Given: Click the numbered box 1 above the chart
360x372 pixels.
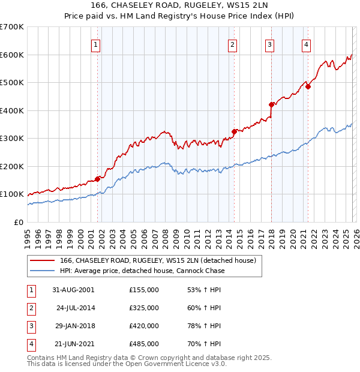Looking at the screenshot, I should click(x=97, y=44).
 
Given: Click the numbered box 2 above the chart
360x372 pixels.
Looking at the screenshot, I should click(x=232, y=44).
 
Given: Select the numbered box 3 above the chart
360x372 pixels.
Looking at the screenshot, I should click(x=270, y=44).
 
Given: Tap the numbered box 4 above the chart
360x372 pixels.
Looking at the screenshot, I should click(x=306, y=44).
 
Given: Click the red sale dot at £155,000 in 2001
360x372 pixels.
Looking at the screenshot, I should click(x=97, y=179).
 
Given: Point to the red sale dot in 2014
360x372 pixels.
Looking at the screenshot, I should click(x=234, y=131).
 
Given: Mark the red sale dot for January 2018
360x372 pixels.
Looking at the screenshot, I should click(x=271, y=104).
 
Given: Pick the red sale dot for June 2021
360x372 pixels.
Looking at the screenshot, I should click(x=308, y=86).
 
